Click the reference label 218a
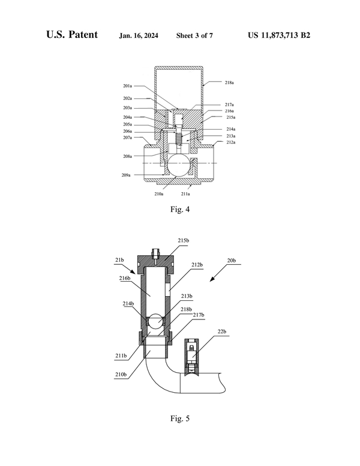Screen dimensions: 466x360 (x=230, y=82)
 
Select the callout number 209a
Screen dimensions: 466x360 (x=125, y=175)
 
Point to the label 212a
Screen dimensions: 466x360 (x=231, y=142)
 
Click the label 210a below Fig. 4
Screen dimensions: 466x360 (x=158, y=194)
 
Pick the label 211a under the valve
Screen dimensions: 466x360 (x=186, y=194)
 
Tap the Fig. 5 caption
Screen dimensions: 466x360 (x=179, y=417)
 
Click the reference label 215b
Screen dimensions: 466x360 (x=184, y=240)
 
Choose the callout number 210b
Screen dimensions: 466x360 (x=121, y=375)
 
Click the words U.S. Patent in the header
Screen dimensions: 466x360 (x=72, y=35)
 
